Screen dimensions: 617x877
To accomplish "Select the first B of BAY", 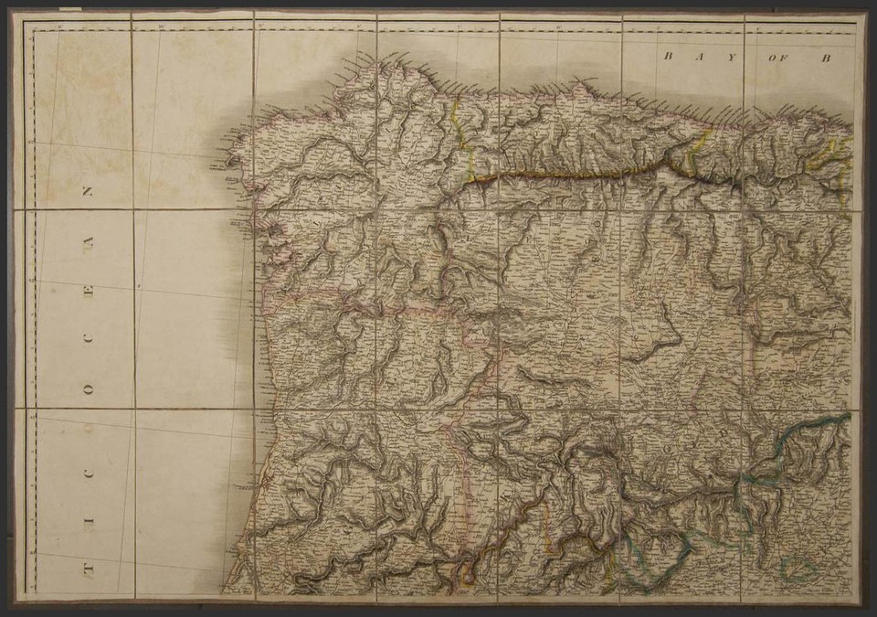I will [x=668, y=57].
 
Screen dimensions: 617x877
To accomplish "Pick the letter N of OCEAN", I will [x=89, y=193].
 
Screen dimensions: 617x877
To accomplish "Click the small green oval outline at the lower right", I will [x=798, y=569].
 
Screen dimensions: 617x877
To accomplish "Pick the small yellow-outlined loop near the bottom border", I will [x=467, y=574].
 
